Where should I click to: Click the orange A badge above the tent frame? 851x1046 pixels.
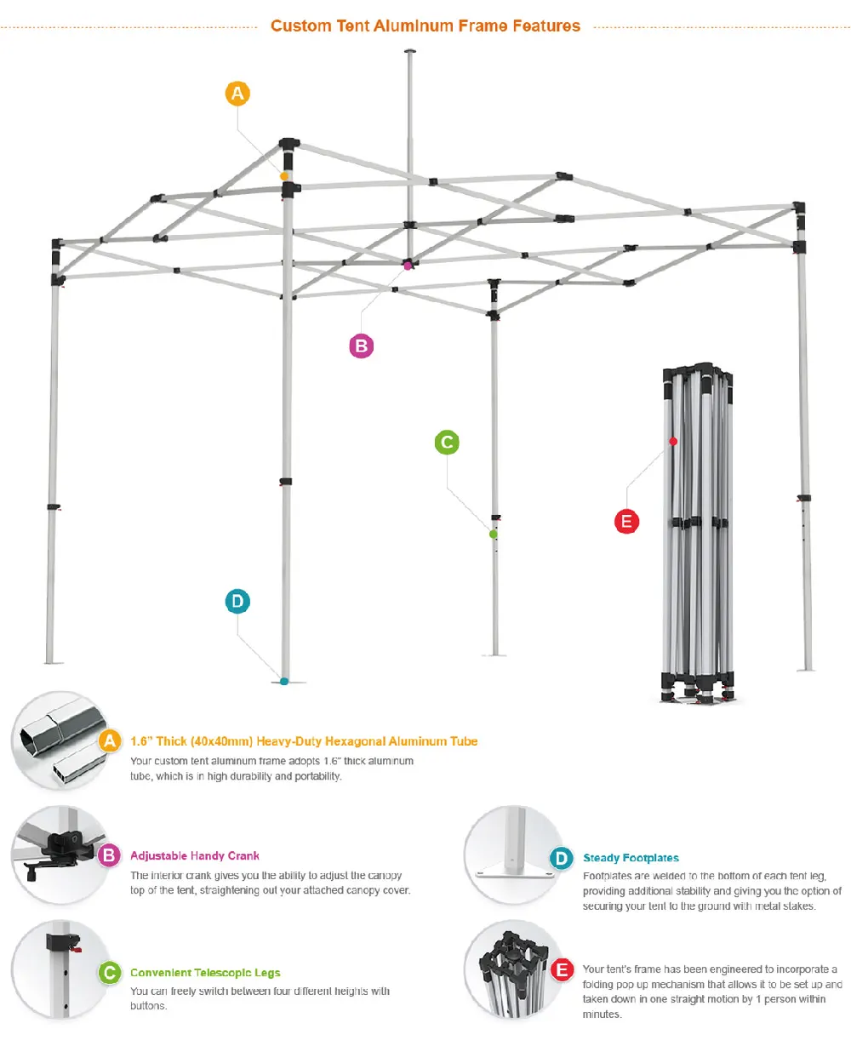pos(237,94)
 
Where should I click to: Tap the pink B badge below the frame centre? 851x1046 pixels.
pos(362,346)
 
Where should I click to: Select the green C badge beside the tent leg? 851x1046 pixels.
pos(447,443)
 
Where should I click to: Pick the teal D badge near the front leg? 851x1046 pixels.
pos(237,602)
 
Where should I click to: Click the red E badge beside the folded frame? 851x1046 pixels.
pos(627,521)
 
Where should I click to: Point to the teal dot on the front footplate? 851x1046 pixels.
pos(284,682)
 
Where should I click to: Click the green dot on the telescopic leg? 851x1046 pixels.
pos(493,534)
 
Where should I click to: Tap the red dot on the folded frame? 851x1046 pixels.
pos(673,441)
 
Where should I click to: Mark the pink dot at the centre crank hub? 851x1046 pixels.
pos(408,266)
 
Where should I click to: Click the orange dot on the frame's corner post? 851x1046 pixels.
pos(284,176)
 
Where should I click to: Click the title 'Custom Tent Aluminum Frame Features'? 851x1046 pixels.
pos(425,26)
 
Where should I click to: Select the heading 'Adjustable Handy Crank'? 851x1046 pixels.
pos(195,855)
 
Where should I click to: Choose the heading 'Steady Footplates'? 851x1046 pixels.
pos(631,858)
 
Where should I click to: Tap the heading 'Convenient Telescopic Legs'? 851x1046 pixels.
pos(205,973)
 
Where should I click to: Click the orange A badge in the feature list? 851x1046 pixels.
pos(110,741)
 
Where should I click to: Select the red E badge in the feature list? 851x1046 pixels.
pos(563,969)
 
